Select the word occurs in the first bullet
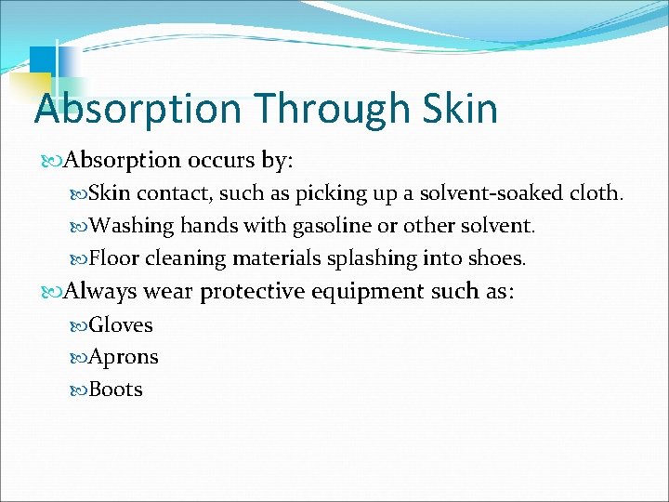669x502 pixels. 224,160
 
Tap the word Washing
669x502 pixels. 133,226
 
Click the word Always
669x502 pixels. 99,291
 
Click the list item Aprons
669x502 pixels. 124,357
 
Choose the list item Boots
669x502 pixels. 116,389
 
